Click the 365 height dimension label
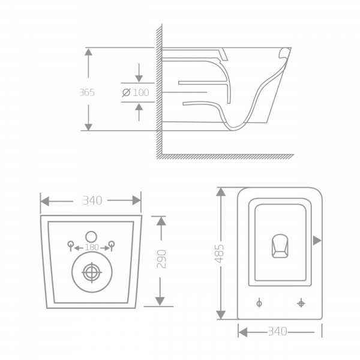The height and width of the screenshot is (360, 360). [87, 92]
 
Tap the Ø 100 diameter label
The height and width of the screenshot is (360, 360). [136, 92]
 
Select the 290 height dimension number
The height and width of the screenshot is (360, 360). [161, 259]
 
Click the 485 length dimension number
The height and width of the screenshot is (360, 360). [219, 254]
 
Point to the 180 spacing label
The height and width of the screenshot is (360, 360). [92, 247]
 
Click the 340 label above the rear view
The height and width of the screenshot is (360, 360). [92, 200]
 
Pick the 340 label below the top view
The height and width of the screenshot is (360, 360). [278, 331]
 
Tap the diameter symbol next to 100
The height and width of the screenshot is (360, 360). [126, 92]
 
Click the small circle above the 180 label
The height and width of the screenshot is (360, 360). [91, 237]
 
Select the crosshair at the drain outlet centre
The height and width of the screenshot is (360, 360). [92, 272]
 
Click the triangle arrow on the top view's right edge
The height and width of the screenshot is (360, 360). [317, 241]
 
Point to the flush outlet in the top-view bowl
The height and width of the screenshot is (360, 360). [280, 246]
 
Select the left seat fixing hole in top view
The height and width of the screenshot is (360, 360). [259, 304]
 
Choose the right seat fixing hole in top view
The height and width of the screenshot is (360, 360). [301, 303]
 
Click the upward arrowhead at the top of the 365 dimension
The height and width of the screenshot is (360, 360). [88, 52]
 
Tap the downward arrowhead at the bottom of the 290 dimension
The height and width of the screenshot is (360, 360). [160, 301]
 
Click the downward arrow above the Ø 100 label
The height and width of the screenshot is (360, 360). [139, 73]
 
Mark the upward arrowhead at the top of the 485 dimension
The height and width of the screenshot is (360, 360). [221, 192]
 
